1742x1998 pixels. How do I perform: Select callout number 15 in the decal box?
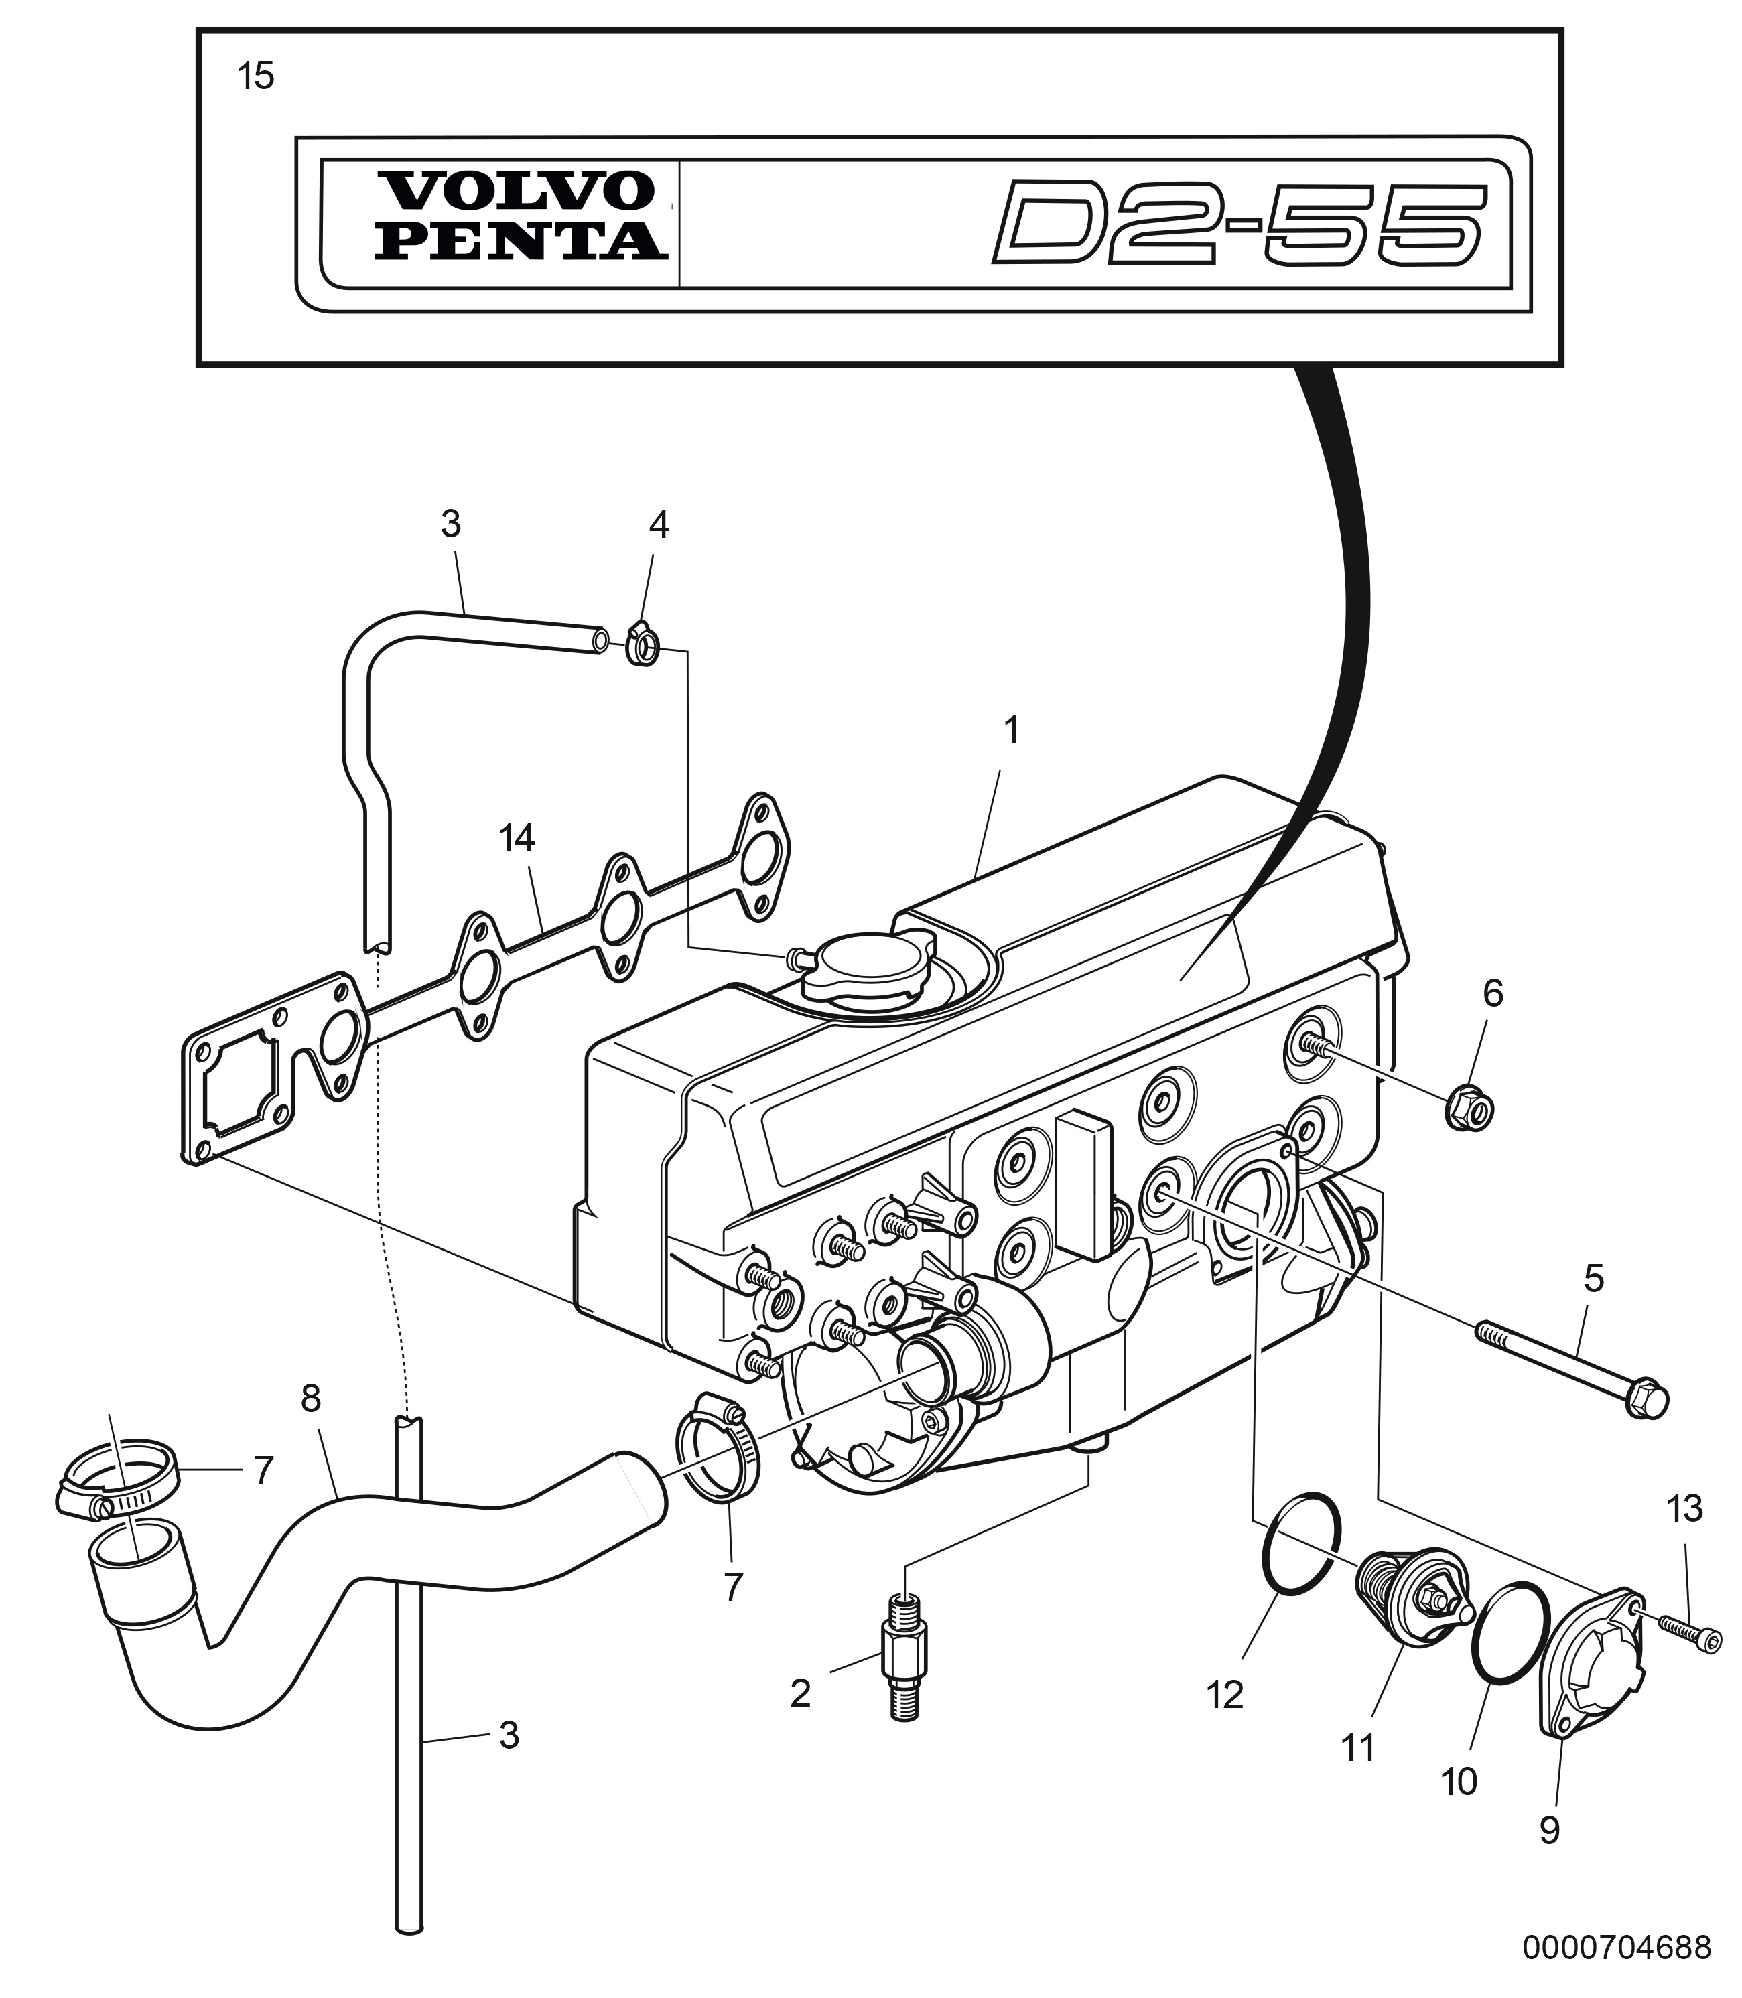tap(257, 76)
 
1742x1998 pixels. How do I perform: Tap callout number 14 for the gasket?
tap(517, 839)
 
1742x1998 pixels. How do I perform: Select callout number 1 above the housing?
tap(1012, 731)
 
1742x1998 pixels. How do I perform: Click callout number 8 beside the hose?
tap(310, 1399)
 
